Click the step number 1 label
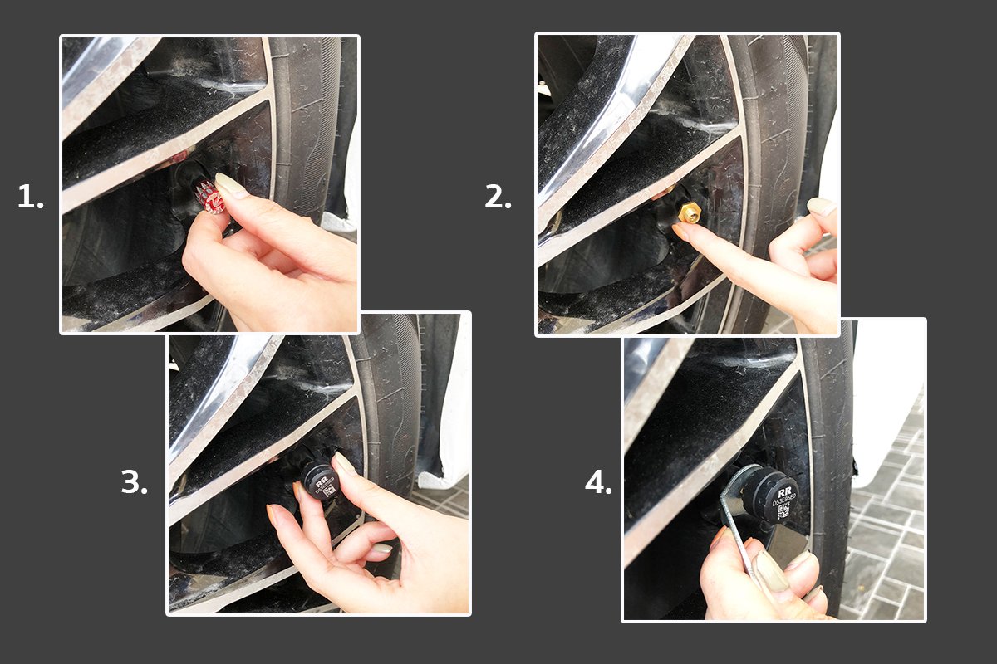(x=30, y=198)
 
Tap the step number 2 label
(x=497, y=198)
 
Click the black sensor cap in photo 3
(x=320, y=481)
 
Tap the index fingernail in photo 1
(x=228, y=184)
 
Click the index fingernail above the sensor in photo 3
(x=342, y=463)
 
